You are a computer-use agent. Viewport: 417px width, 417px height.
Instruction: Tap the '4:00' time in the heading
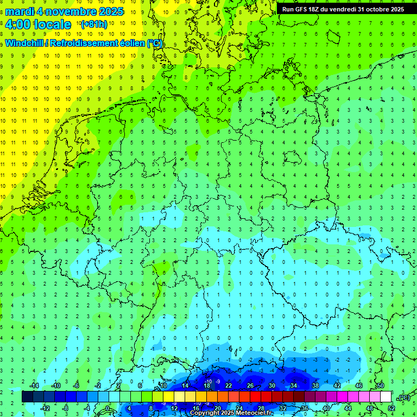[17, 24]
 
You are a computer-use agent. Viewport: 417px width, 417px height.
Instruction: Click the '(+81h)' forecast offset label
[93, 24]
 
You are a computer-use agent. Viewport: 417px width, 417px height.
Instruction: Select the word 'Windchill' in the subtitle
[24, 43]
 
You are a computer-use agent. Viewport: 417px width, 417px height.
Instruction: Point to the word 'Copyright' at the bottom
[204, 413]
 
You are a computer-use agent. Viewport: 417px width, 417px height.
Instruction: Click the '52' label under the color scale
[391, 408]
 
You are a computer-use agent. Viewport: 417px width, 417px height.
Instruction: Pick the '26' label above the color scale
[250, 386]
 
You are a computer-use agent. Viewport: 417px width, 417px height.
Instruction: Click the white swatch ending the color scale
[386, 397]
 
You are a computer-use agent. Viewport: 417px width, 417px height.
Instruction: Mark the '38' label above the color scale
[315, 386]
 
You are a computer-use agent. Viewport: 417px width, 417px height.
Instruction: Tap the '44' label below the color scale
[348, 408]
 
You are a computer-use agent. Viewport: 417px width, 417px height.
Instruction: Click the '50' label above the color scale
[381, 386]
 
